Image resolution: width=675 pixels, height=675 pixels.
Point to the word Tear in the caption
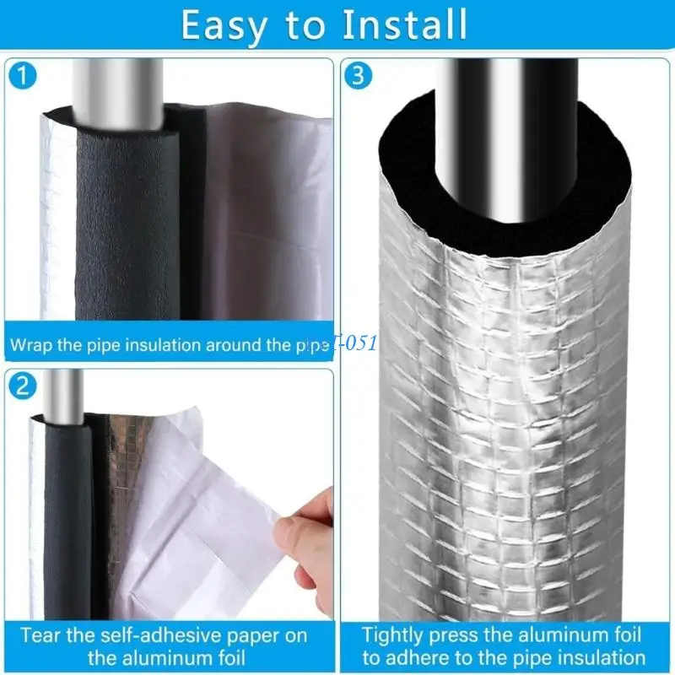click(x=40, y=634)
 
